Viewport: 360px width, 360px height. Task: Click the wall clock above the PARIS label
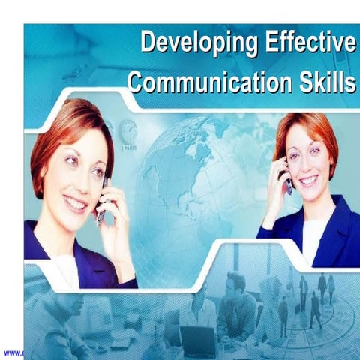(129, 132)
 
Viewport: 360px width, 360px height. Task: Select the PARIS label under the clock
(130, 148)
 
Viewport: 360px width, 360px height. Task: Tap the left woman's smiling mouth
(75, 202)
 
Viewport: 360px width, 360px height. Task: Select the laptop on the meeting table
(199, 341)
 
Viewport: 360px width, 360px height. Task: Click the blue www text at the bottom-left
(12, 352)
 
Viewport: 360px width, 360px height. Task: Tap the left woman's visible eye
(70, 161)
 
